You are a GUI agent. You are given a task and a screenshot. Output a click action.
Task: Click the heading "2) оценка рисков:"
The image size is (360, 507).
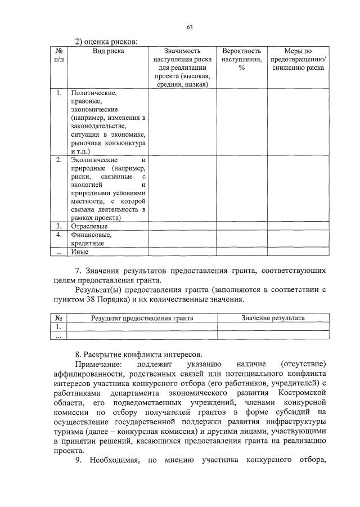[106, 41]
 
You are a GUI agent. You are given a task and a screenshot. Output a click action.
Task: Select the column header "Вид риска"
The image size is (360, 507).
[108, 51]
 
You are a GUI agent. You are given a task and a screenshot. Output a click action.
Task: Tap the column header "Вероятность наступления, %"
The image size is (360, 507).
[241, 59]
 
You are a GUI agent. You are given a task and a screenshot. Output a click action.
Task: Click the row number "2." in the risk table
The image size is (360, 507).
[59, 160]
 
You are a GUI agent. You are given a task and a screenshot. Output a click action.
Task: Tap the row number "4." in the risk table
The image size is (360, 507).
[59, 235]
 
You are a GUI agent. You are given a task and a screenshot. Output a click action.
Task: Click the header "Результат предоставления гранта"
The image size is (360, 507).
[142, 318]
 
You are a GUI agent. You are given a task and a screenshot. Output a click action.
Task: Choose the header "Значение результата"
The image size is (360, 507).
[273, 318]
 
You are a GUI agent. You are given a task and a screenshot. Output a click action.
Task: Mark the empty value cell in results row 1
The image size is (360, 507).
[273, 326]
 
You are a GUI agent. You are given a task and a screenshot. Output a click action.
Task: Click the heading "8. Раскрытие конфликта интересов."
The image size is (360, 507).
[138, 355]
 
